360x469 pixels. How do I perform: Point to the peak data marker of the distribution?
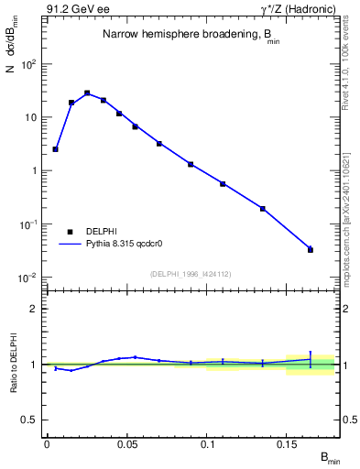[87, 93]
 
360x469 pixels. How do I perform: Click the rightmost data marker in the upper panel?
[310, 249]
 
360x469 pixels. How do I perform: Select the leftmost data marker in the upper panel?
[55, 148]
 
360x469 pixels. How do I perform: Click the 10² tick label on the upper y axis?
[30, 64]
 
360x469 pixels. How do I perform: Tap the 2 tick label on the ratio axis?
[34, 309]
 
